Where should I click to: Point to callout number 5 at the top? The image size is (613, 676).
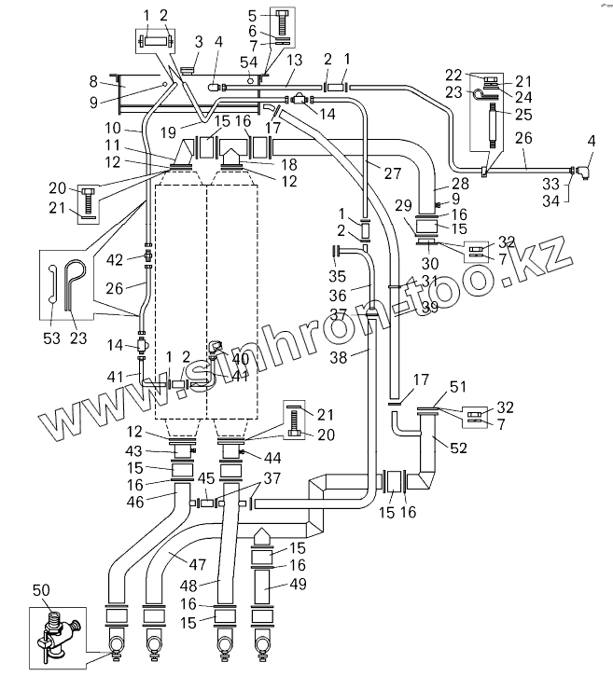pyautogui.click(x=252, y=16)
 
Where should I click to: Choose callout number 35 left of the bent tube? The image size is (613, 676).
pyautogui.click(x=338, y=277)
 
